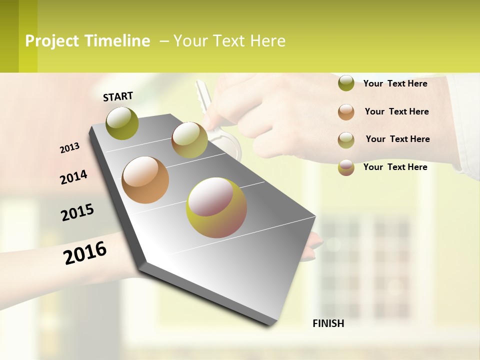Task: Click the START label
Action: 118,96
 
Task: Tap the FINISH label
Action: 328,323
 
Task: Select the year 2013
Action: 69,148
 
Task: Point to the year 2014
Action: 73,177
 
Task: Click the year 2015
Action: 77,212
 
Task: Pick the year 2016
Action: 85,253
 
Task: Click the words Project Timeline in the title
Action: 87,41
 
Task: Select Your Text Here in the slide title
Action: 229,41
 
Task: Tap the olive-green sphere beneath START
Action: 122,123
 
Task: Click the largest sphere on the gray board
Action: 216,207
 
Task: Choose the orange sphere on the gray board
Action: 145,180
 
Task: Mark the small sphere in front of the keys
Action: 189,140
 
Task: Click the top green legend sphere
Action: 346,83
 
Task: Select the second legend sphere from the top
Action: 346,112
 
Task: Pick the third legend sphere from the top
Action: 346,140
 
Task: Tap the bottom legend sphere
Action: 346,167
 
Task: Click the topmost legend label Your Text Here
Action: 395,83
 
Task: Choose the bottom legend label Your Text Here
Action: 395,167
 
